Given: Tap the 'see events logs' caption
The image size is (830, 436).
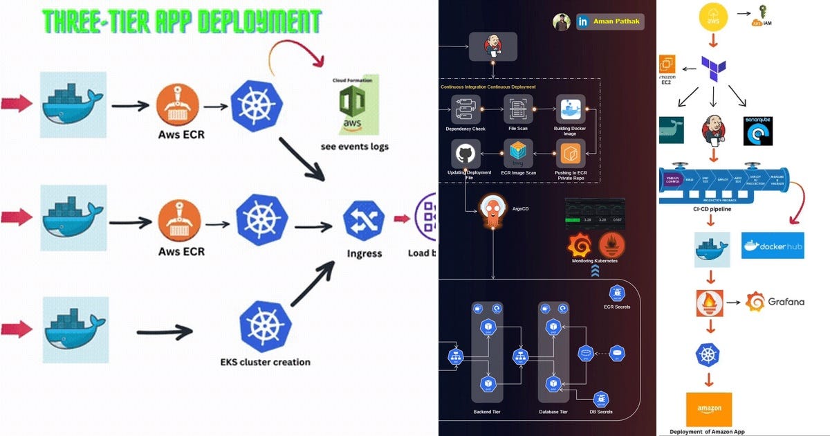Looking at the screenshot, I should [354, 146].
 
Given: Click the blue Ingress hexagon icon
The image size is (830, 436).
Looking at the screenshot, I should [364, 221].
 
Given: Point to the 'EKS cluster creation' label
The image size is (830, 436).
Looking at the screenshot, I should [265, 361].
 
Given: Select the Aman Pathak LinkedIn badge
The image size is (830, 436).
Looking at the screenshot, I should [609, 22].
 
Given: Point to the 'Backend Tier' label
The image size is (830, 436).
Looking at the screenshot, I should [487, 412].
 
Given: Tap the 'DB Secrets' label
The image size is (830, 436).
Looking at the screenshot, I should [600, 412].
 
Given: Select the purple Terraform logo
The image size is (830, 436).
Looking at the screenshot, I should [712, 70].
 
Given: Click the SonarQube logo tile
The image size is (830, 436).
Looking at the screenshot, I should [757, 131].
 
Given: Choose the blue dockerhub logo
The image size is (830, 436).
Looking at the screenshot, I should [773, 246].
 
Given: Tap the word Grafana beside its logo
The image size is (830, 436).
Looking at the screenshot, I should [786, 302].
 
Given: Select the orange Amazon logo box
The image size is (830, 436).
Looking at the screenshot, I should [709, 409].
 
